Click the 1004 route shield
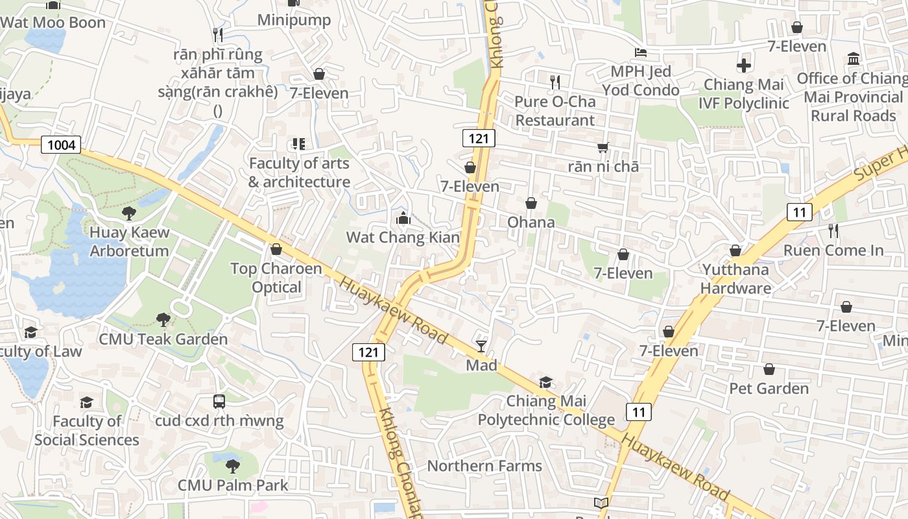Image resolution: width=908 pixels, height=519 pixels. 62,145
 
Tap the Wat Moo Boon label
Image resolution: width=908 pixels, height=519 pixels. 53,23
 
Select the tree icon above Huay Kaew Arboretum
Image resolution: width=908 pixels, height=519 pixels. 129,213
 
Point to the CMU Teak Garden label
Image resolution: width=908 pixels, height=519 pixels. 163,339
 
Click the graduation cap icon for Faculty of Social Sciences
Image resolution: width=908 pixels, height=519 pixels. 86,402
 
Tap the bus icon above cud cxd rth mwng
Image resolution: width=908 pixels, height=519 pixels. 219,402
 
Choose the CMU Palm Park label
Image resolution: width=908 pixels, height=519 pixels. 233,485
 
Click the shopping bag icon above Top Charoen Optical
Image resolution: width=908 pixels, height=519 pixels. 276,249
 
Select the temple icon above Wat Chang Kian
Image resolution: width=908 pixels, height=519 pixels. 403,218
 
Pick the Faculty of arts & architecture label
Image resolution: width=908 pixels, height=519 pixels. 299,173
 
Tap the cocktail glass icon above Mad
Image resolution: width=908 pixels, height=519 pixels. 481,346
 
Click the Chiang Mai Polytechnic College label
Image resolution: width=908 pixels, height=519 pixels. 546,411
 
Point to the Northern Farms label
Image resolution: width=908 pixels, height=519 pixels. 484,466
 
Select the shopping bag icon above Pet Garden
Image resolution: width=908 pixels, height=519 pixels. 769,369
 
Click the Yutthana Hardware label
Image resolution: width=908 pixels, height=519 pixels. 735,279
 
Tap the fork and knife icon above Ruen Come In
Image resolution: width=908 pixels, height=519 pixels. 833,230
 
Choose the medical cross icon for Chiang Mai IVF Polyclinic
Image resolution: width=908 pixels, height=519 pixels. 744,66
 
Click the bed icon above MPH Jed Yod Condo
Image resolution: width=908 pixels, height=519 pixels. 640,52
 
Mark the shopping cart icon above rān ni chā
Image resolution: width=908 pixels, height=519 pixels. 603,147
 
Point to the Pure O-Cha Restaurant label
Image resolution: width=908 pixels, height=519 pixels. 555,111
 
